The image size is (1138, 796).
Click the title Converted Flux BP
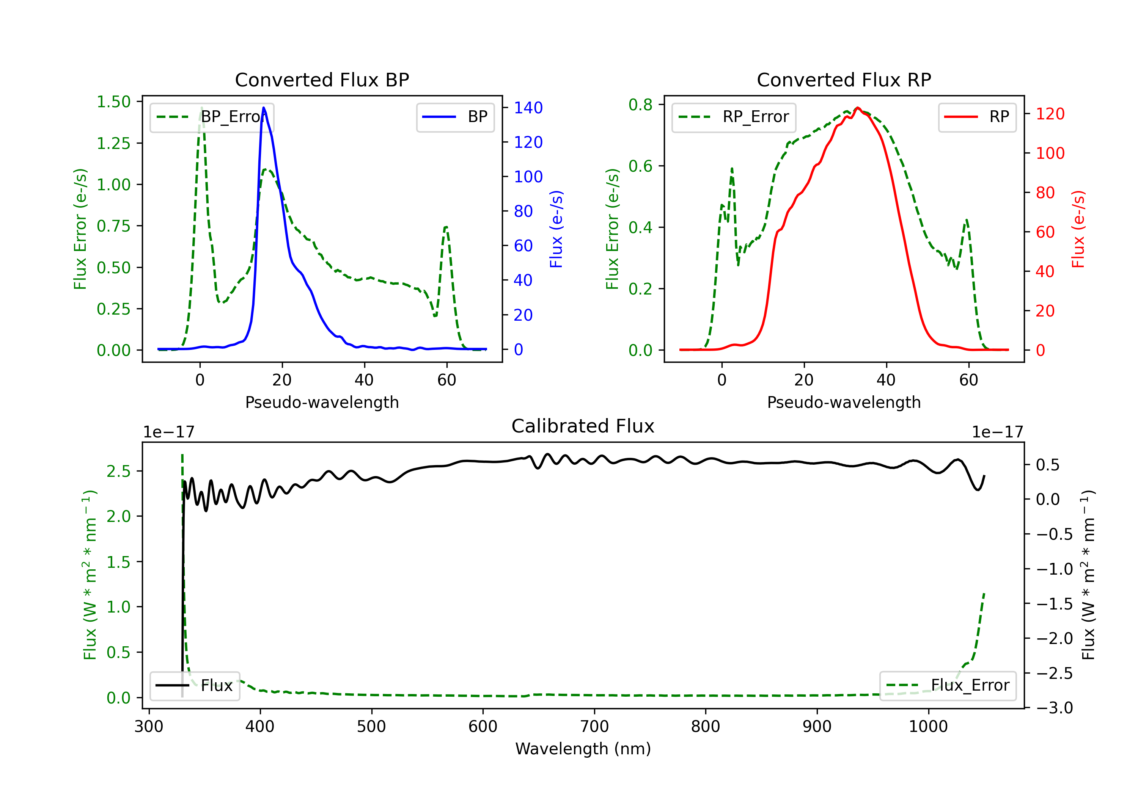click(322, 80)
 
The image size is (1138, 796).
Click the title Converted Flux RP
click(844, 80)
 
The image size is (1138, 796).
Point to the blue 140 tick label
click(528, 108)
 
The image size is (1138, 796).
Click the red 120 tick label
click(1050, 114)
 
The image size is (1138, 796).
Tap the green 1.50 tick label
click(113, 102)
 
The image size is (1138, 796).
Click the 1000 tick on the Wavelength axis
click(928, 727)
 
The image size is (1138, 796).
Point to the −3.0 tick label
click(1054, 708)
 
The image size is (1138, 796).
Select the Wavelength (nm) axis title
click(583, 749)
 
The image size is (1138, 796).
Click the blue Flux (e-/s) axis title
click(556, 229)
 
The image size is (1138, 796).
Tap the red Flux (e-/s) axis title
click(1078, 229)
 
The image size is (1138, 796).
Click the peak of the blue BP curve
click(264, 108)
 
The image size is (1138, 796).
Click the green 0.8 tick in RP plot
click(640, 105)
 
